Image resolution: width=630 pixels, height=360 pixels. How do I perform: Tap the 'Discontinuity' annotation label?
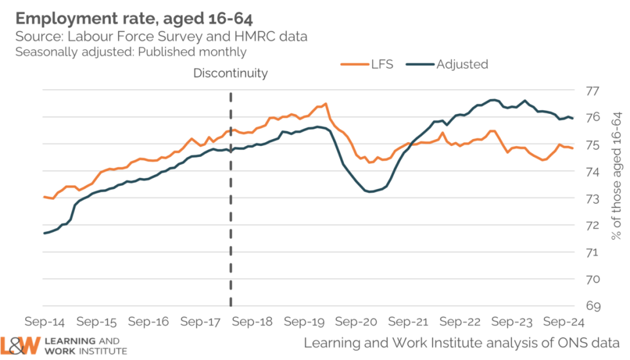[231, 73]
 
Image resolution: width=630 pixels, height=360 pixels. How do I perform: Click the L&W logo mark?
[21, 345]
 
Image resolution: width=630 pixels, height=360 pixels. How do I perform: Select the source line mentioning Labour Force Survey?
[162, 37]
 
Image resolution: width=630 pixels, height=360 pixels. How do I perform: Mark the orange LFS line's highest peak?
[325, 103]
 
